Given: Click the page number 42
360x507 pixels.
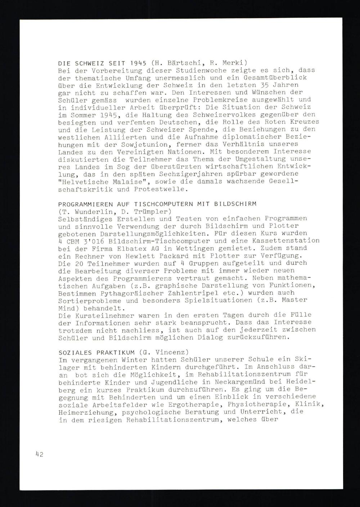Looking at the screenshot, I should [x=40, y=454].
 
